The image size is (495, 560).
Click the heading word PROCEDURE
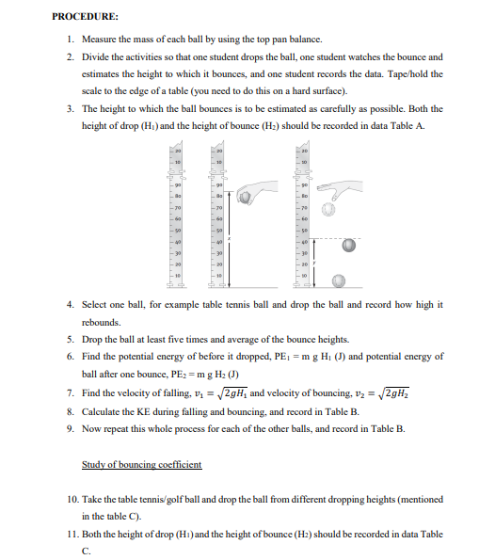(x=84, y=16)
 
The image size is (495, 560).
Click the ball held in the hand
(x=245, y=197)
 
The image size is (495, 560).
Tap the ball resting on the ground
(x=339, y=281)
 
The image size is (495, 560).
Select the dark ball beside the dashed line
(x=348, y=246)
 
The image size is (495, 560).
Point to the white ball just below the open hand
(x=328, y=209)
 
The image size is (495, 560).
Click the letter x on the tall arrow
(x=230, y=238)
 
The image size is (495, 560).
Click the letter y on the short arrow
(x=314, y=263)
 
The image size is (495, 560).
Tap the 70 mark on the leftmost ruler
(x=178, y=207)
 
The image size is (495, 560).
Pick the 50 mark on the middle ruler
(x=219, y=231)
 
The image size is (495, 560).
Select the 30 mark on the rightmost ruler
(x=304, y=253)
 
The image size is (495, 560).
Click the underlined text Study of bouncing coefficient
(x=142, y=464)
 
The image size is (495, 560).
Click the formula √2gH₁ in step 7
(x=232, y=392)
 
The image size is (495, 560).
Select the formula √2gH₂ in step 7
(x=394, y=392)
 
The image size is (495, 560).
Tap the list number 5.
(x=71, y=339)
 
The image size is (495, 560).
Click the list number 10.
(x=72, y=499)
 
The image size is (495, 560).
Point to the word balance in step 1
(x=305, y=40)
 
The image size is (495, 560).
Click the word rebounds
(x=101, y=322)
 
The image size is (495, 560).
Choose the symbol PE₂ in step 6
(x=177, y=375)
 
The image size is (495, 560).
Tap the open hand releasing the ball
(x=341, y=188)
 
